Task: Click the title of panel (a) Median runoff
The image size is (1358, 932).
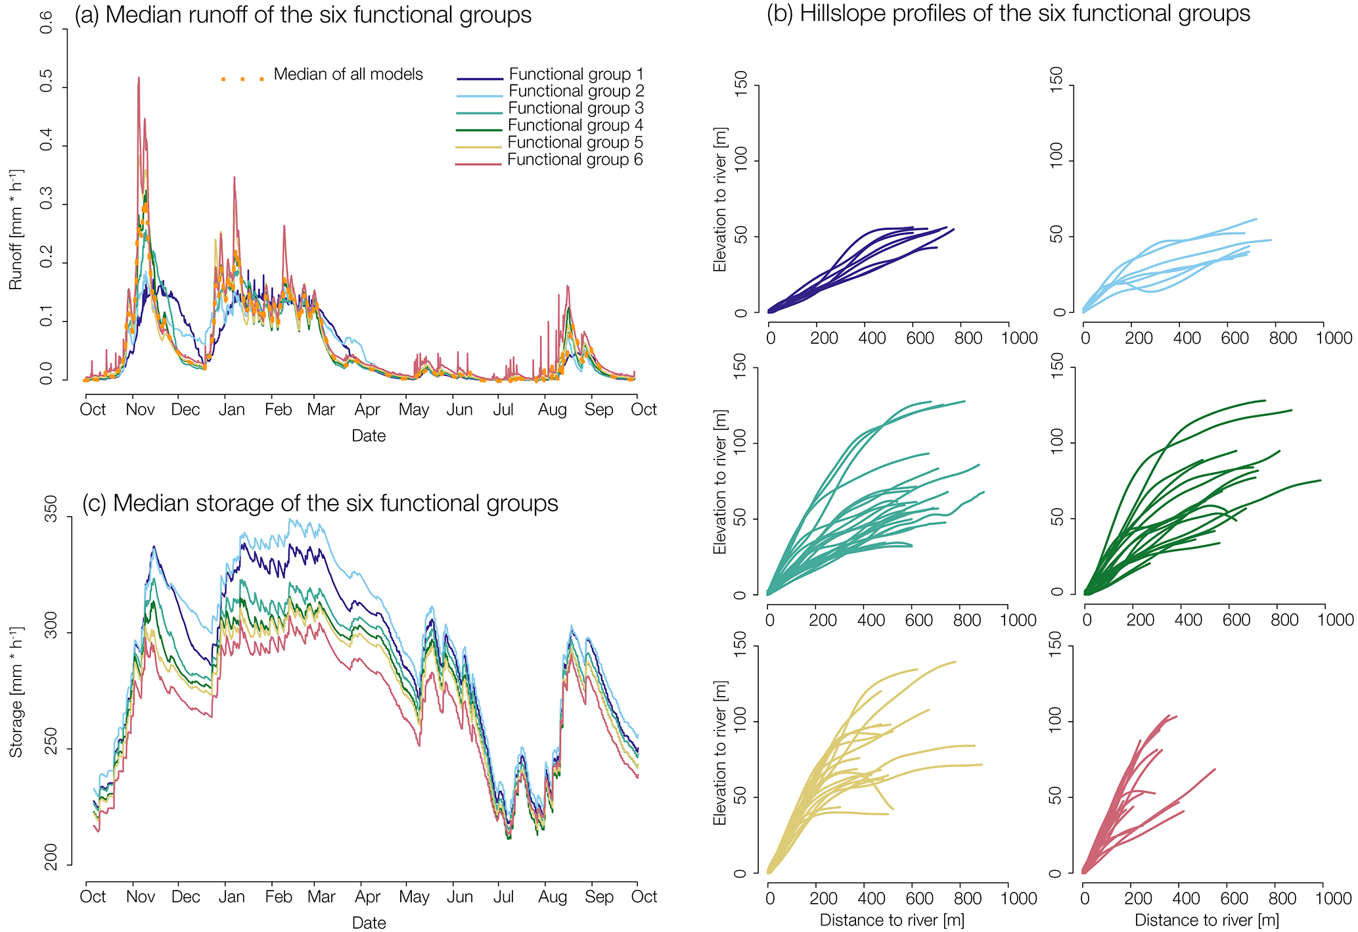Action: point(303,15)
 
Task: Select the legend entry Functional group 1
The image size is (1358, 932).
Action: point(576,74)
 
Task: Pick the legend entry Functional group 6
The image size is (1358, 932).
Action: point(574,160)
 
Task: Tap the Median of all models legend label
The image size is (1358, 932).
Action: point(348,74)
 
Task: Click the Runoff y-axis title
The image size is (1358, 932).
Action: point(16,229)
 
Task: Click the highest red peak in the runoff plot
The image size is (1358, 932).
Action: point(139,78)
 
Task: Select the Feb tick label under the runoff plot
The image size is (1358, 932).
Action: point(278,410)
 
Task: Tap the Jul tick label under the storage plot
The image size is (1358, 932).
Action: point(503,897)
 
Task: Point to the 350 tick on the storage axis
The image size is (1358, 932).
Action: point(50,518)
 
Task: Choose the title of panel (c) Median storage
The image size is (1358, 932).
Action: point(320,503)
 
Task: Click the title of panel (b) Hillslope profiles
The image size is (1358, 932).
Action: point(1008,14)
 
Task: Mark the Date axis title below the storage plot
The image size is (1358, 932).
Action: point(369,923)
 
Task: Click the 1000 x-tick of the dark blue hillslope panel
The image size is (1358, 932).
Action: point(1018,338)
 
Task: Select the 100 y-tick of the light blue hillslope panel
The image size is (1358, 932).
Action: point(1056,161)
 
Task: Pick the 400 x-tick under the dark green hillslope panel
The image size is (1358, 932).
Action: point(1187,620)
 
